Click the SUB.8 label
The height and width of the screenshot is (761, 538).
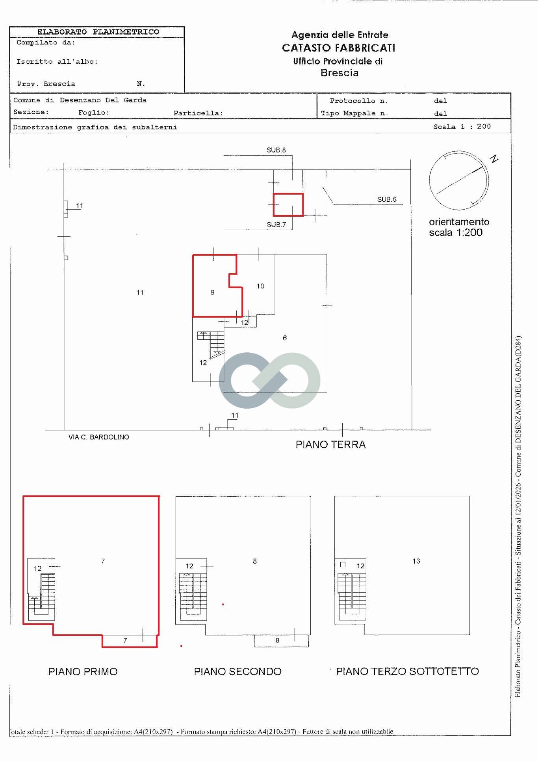tap(276, 150)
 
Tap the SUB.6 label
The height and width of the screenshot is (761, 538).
tap(387, 199)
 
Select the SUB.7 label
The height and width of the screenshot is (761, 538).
tap(276, 225)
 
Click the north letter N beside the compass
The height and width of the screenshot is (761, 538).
tap(494, 159)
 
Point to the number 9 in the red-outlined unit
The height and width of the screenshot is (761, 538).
tap(213, 292)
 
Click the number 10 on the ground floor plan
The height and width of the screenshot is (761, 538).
tap(260, 286)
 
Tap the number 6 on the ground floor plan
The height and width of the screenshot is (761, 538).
tap(285, 338)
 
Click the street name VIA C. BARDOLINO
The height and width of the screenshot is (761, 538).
tap(99, 437)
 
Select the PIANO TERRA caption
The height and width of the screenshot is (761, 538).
tap(331, 444)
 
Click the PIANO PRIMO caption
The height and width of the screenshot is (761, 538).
tap(83, 671)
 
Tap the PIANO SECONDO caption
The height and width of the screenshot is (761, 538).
tap(238, 671)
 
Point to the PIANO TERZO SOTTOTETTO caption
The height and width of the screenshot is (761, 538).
tap(407, 671)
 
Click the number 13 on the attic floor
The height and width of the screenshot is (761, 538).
tap(416, 561)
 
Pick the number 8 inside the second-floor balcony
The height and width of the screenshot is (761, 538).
tap(277, 640)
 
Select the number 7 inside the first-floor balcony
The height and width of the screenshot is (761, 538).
tap(125, 640)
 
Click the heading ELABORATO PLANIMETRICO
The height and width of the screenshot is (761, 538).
tap(98, 32)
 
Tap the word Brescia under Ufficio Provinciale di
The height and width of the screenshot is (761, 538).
tap(339, 73)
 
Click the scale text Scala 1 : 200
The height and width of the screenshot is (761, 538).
tap(462, 126)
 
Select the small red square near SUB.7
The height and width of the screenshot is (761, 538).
tap(288, 205)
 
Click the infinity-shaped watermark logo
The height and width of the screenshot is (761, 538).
tap(269, 380)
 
